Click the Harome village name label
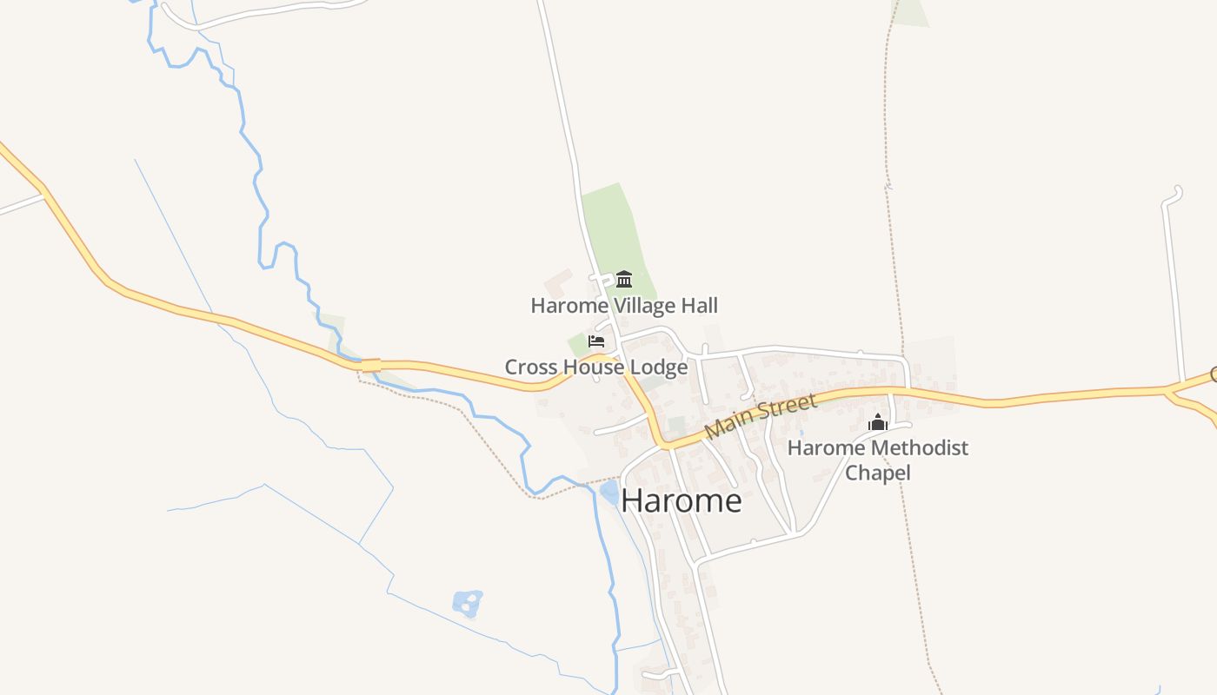click(x=682, y=501)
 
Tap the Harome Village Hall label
click(x=624, y=306)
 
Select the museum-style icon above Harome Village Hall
click(x=623, y=280)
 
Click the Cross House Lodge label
click(x=596, y=367)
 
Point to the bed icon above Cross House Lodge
click(x=596, y=341)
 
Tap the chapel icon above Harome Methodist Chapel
click(x=878, y=423)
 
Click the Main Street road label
click(x=761, y=416)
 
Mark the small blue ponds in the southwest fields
click(x=467, y=603)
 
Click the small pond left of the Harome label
click(x=609, y=493)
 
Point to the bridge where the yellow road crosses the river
click(x=371, y=366)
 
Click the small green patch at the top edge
click(x=910, y=12)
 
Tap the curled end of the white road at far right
click(x=1176, y=191)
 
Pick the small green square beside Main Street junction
click(x=675, y=427)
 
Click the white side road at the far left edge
click(x=19, y=206)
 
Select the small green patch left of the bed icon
click(x=577, y=344)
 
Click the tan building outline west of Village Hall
click(x=557, y=283)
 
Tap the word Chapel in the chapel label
click(x=877, y=473)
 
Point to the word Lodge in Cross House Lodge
click(x=658, y=367)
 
